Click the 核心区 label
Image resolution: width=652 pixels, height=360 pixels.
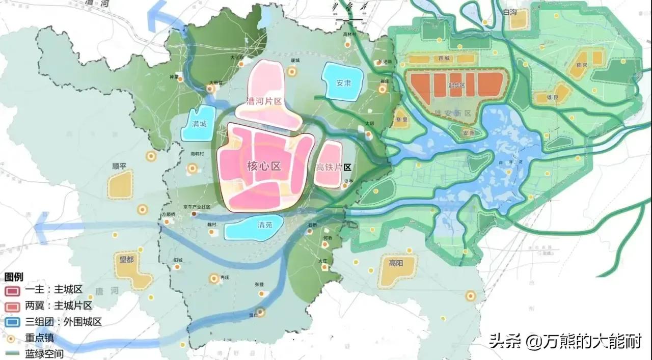pos(264,166)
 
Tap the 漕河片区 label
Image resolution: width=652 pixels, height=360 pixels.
pos(264,101)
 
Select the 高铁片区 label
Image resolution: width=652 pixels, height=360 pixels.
pos(334,167)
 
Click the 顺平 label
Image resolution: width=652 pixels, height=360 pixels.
pos(121,167)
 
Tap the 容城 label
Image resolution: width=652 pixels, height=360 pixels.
pos(444,58)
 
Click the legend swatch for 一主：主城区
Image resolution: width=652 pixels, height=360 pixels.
pos(12,290)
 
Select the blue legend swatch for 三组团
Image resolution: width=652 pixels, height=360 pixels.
pos(12,322)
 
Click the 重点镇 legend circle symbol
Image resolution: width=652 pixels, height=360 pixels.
pos(11,338)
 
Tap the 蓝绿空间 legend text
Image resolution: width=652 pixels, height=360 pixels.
pos(44,353)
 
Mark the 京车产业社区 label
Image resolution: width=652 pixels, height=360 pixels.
pos(197,207)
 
